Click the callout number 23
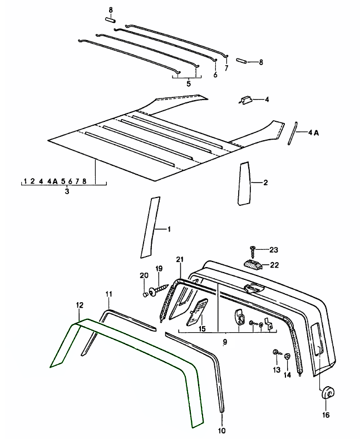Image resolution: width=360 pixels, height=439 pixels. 273,250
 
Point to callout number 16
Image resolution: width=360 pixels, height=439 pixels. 326,414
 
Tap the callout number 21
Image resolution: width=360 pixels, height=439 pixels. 180,260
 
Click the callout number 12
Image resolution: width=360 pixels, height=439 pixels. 80,305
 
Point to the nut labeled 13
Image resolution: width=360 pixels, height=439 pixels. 275,353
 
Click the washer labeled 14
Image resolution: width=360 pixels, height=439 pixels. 288,356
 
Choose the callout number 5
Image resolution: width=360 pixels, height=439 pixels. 188,84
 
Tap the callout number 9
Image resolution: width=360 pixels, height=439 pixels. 224,341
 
